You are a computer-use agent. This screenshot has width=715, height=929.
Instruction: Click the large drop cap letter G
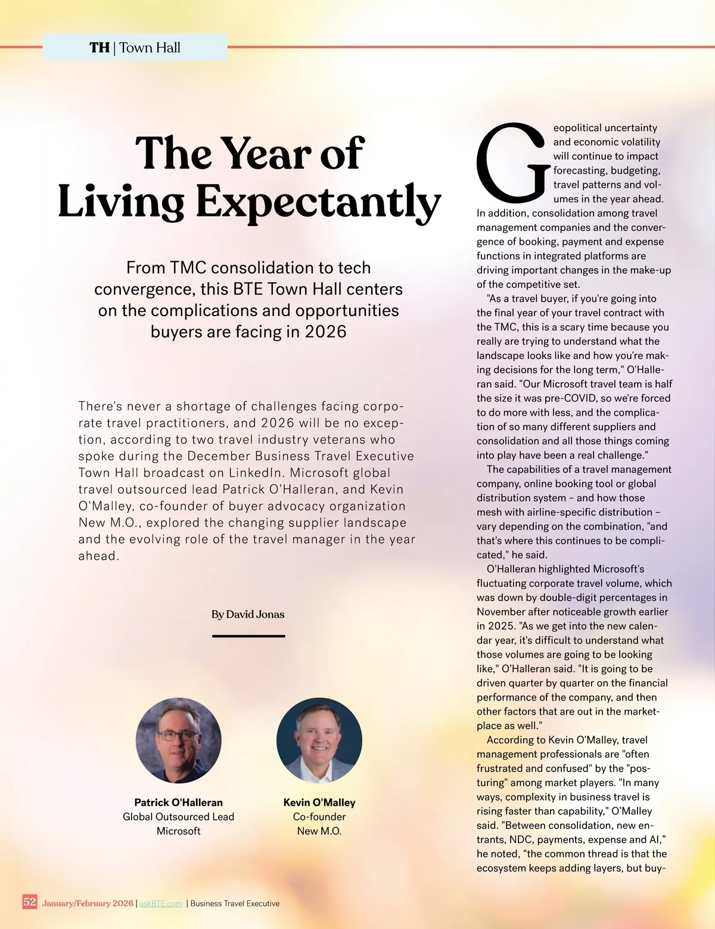[x=511, y=163]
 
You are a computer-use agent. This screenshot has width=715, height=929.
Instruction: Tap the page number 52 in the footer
[x=30, y=902]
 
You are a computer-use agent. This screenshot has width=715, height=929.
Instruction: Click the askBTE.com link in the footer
[x=161, y=903]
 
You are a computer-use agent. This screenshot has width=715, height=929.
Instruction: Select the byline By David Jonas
[x=248, y=614]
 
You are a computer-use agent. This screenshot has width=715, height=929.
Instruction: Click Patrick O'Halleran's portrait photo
[x=179, y=740]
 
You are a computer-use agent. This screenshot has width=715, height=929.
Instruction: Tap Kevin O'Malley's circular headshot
[x=319, y=740]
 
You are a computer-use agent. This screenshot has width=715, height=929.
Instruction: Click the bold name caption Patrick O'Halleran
[x=178, y=803]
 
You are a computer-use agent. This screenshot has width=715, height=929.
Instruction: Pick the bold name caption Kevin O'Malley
[x=319, y=803]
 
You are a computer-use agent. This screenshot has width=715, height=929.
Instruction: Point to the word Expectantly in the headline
[x=318, y=203]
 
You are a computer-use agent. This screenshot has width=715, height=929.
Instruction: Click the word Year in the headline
[x=268, y=154]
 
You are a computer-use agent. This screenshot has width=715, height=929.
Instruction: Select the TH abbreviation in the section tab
[x=100, y=48]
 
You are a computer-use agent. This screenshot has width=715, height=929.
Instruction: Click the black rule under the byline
[x=248, y=636]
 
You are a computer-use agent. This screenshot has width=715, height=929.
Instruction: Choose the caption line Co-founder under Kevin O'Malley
[x=319, y=817]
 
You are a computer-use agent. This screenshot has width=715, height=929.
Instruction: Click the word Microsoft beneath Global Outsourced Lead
[x=178, y=831]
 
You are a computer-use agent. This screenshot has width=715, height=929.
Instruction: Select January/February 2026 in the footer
[x=88, y=903]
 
